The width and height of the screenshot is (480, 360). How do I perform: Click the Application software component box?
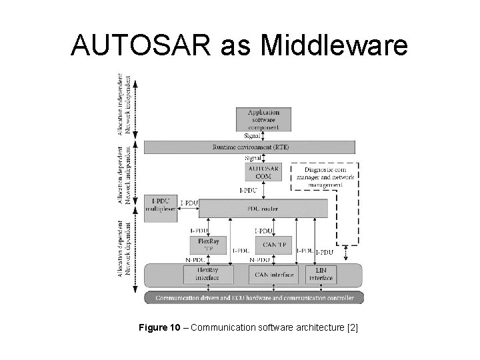click(263, 119)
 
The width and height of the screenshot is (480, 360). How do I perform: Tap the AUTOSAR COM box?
click(263, 172)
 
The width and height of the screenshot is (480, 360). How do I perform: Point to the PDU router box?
click(263, 209)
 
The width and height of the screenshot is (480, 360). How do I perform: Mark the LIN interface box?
click(321, 274)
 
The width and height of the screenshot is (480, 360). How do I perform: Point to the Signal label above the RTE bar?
click(253, 135)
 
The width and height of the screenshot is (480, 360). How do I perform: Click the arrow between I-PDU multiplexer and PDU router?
click(189, 209)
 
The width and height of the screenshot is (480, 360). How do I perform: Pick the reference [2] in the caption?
click(351, 327)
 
